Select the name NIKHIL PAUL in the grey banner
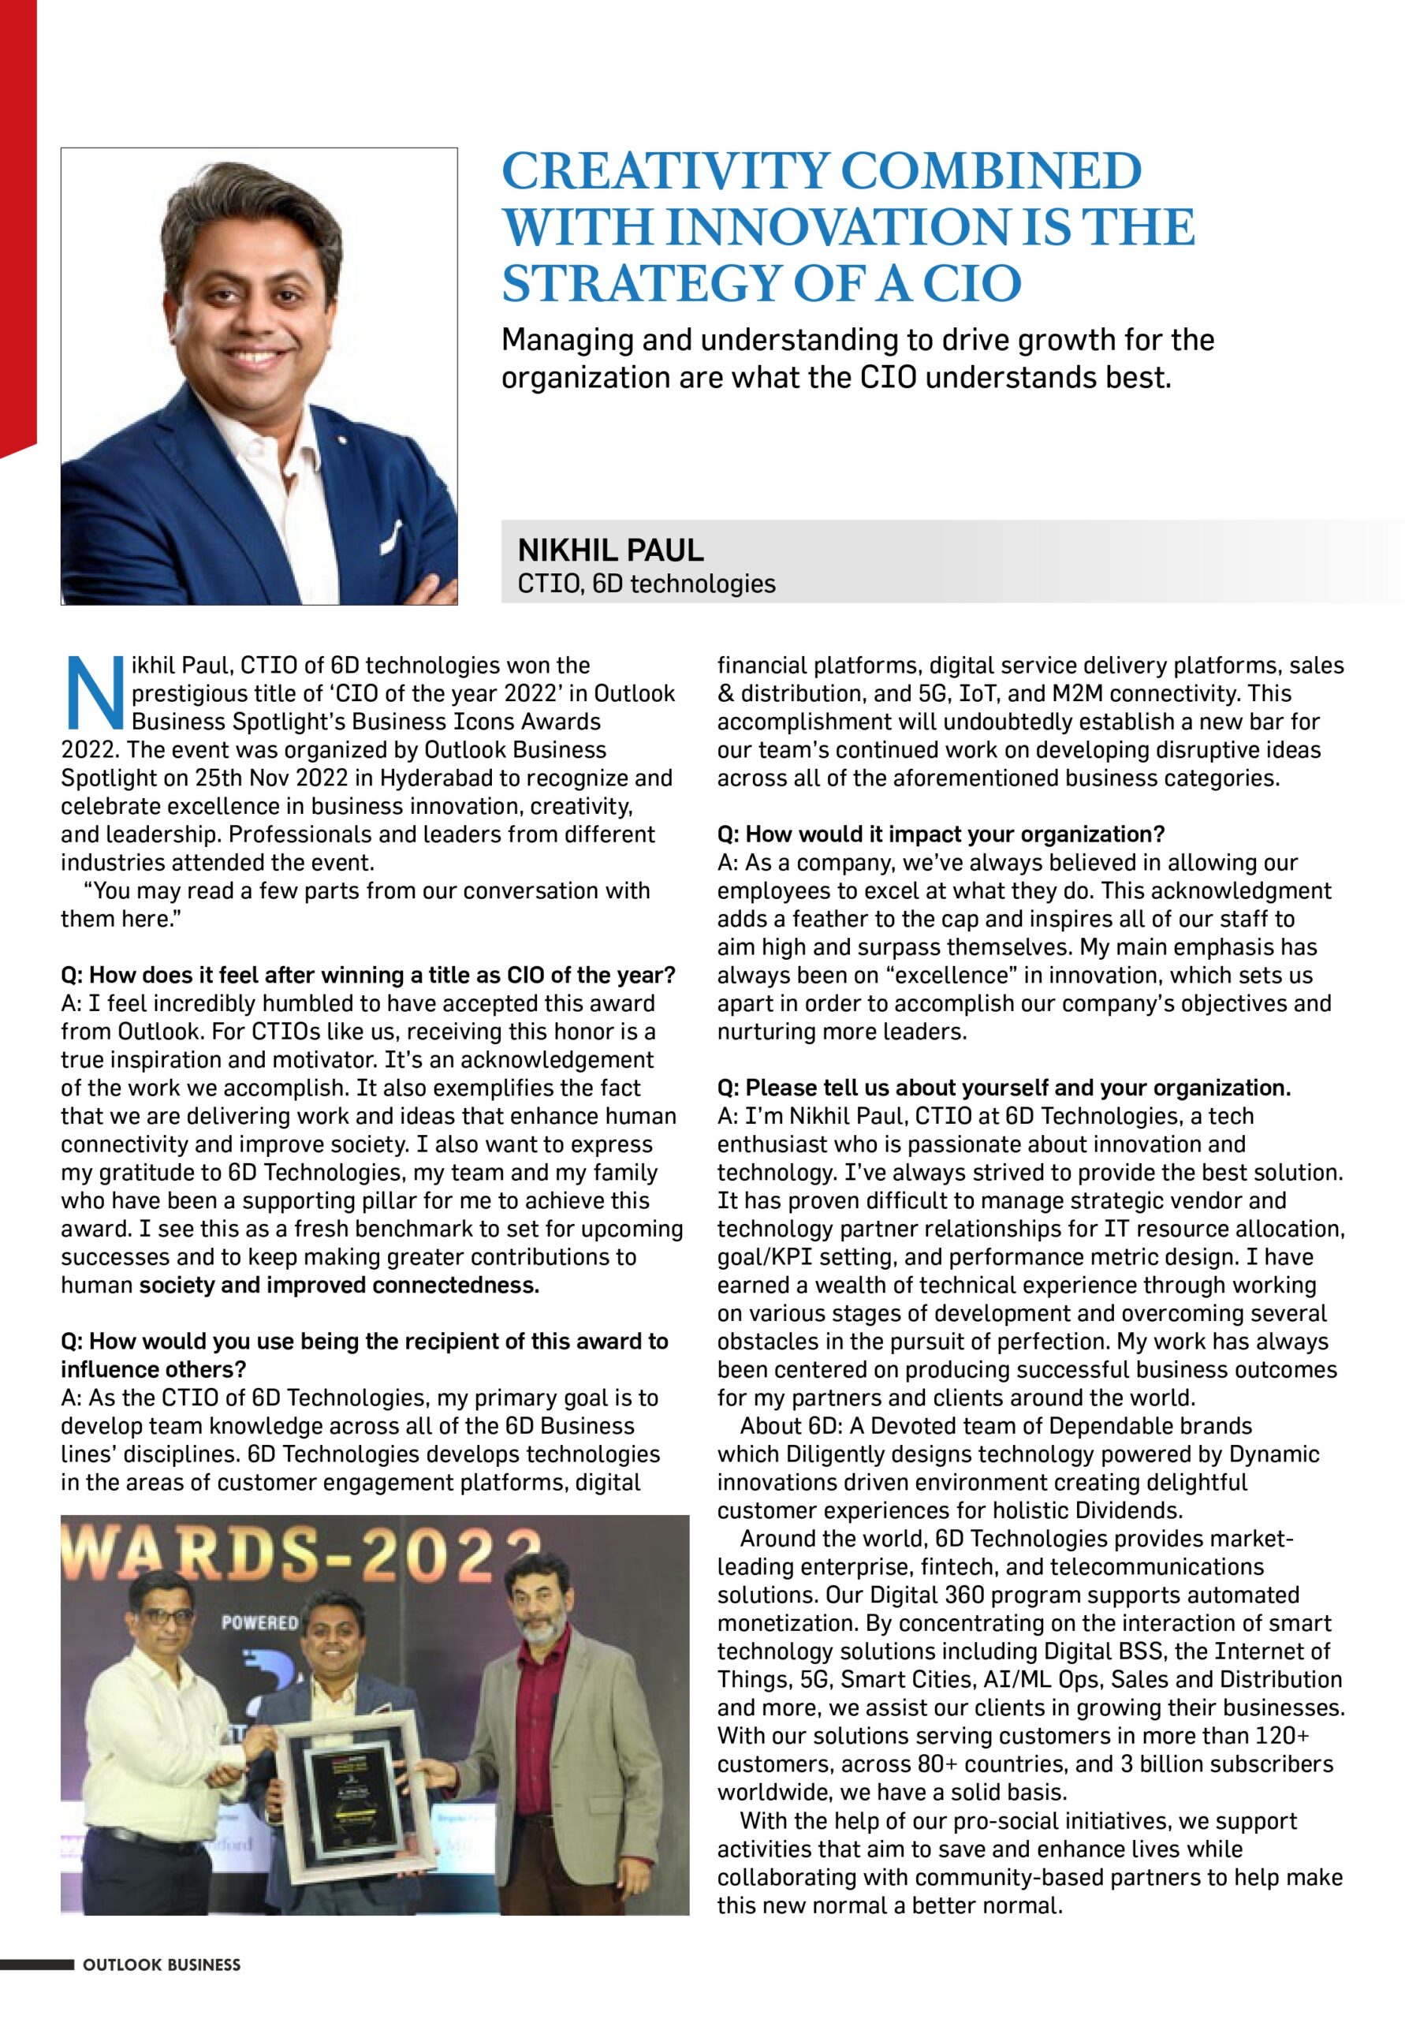(x=610, y=550)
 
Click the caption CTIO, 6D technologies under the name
(x=647, y=583)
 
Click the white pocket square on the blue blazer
(x=392, y=534)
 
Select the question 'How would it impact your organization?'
(x=941, y=834)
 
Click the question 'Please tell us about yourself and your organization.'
(x=1004, y=1088)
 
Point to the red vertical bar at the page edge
(x=17, y=220)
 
